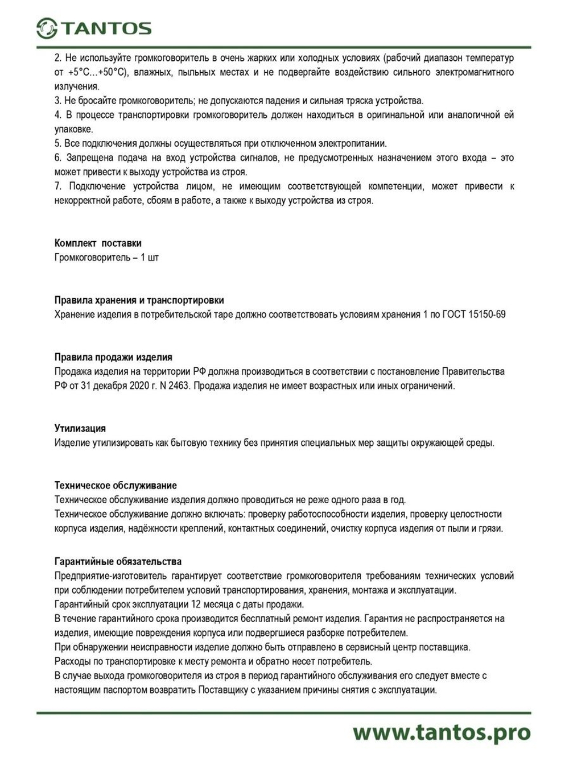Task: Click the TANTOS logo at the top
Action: (x=94, y=28)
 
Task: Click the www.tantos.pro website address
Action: (x=441, y=732)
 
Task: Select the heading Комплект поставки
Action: (x=98, y=243)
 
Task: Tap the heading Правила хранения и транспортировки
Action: (x=139, y=300)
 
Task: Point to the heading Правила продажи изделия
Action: (x=113, y=357)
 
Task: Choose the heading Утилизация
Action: (x=80, y=428)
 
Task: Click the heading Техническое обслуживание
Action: (x=116, y=486)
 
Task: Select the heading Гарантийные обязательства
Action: (x=118, y=562)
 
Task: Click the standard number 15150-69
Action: (x=487, y=314)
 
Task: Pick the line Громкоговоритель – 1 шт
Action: (x=106, y=258)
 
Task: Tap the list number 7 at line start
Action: (x=57, y=187)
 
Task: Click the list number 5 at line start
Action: (x=57, y=143)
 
